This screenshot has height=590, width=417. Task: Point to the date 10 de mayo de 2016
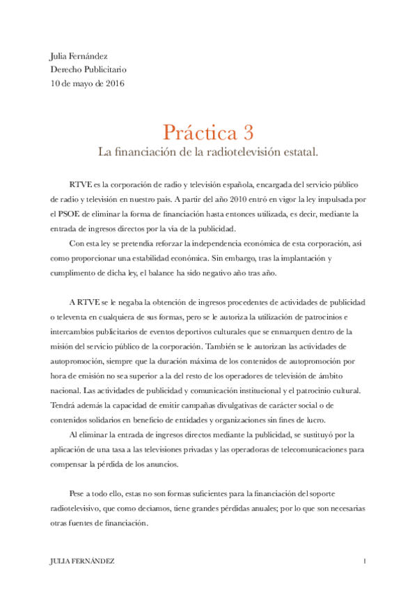pyautogui.click(x=87, y=83)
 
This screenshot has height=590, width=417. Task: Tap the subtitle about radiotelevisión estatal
pyautogui.click(x=208, y=150)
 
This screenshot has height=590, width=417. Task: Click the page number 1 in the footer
pyautogui.click(x=365, y=561)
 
